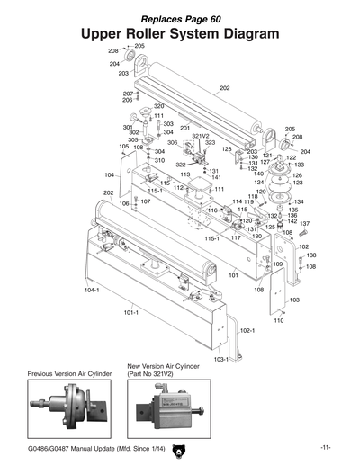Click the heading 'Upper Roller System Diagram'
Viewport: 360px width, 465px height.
coord(180,33)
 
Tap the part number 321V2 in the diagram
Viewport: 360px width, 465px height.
coord(200,136)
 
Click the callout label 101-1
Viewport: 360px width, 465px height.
coord(130,312)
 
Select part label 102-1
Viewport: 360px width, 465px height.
coord(247,330)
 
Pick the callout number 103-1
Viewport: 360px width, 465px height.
coord(220,359)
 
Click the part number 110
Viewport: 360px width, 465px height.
coord(278,320)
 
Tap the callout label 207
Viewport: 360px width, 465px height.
coord(128,94)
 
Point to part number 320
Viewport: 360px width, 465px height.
coord(158,106)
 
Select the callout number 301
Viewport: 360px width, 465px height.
coord(128,128)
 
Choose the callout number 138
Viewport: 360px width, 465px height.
coord(311,255)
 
